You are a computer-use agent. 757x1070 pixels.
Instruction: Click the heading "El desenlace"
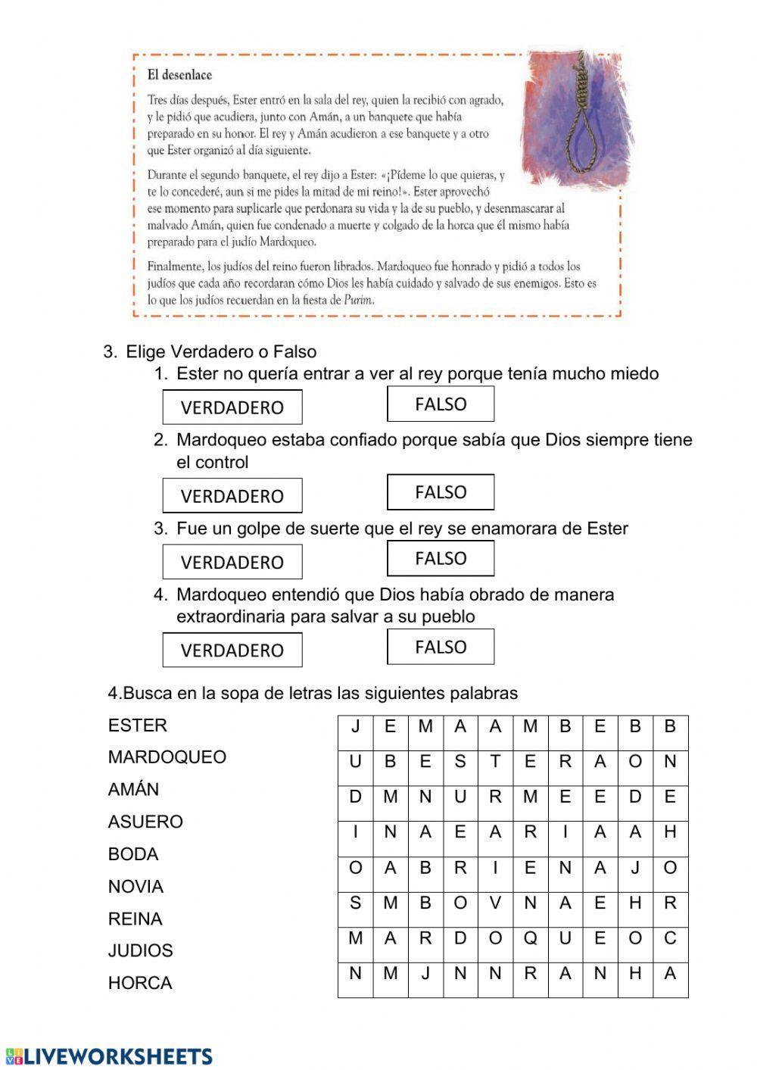click(x=179, y=75)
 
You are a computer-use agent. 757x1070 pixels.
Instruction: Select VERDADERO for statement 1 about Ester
click(x=232, y=407)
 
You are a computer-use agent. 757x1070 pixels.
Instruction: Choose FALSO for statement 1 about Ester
click(x=441, y=404)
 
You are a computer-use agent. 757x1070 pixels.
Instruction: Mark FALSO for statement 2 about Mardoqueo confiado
click(x=441, y=492)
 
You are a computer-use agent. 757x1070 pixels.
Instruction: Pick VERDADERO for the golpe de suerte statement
click(x=232, y=562)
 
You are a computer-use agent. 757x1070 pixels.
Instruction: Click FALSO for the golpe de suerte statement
click(x=441, y=559)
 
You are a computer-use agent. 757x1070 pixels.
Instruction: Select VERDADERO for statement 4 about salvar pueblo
click(x=232, y=650)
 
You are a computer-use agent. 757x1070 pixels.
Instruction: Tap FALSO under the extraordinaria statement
click(x=441, y=647)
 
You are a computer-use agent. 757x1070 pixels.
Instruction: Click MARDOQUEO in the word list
click(x=167, y=757)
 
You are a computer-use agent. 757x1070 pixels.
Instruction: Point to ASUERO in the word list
click(x=145, y=822)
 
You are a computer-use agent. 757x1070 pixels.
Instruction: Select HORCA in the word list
click(x=140, y=983)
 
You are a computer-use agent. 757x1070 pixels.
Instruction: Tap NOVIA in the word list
click(x=136, y=886)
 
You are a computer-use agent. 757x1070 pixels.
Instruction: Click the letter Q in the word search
click(x=530, y=939)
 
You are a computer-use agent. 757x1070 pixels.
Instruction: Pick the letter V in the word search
click(x=495, y=903)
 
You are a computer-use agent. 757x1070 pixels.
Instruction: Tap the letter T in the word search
click(x=495, y=763)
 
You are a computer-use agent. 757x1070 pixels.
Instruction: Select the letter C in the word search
click(x=670, y=939)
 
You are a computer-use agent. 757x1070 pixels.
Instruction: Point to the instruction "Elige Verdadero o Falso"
click(x=220, y=351)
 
